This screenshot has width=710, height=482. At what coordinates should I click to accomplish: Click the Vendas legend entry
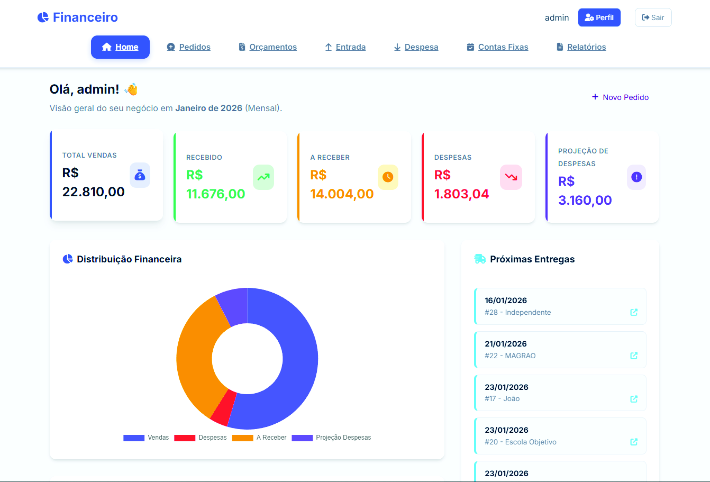(x=146, y=437)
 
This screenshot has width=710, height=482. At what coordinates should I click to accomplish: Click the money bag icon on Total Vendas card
(x=140, y=175)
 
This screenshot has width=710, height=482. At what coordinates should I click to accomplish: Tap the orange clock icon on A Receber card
(x=388, y=177)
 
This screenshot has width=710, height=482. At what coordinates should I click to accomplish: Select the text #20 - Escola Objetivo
(x=520, y=442)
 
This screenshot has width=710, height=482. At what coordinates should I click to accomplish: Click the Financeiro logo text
(x=85, y=17)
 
